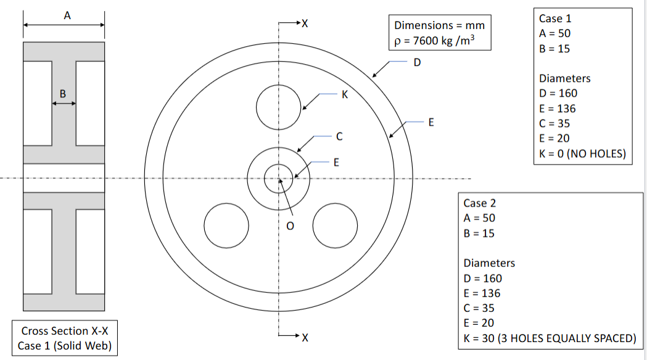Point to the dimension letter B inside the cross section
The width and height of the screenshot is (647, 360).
pos(62,93)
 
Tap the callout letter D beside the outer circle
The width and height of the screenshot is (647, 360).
pos(417,62)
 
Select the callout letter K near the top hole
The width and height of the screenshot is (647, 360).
pos(345,94)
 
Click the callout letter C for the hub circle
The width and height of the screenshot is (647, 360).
pos(339,136)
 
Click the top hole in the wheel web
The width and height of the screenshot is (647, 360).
pos(279,107)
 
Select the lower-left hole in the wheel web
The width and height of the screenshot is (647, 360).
pos(226,224)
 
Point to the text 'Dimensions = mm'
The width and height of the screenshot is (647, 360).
pos(439,25)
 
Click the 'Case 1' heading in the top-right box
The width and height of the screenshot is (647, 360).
pos(555,18)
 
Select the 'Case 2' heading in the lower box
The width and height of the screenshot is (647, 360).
pos(479,203)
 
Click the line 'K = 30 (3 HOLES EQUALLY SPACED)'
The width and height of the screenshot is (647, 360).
pos(549,338)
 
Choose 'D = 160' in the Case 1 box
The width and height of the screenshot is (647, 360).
pos(558,94)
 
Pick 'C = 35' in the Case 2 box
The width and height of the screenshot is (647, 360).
pos(479,308)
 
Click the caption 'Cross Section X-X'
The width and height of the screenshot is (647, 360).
pos(65,331)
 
